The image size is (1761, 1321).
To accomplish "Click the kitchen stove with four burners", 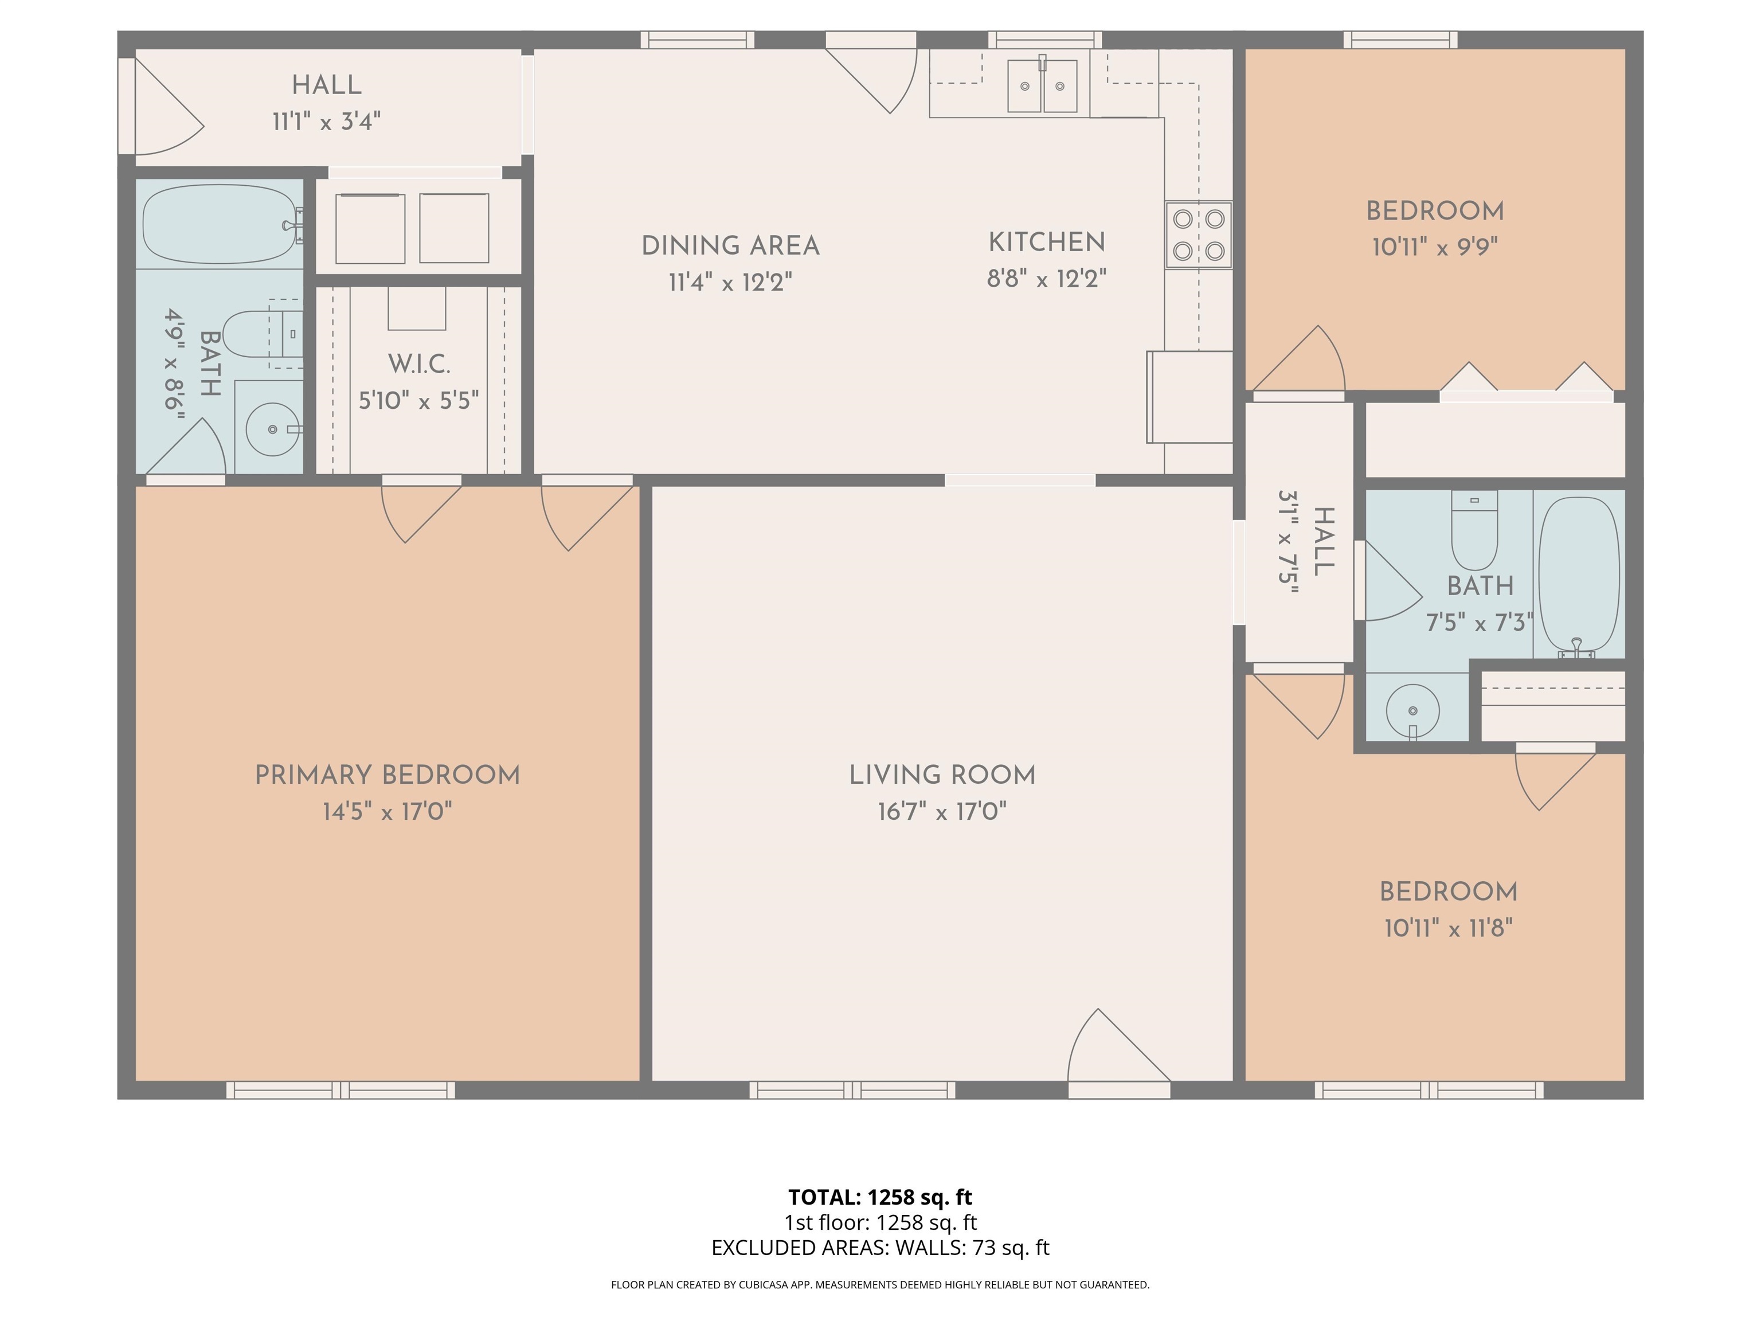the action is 1198,235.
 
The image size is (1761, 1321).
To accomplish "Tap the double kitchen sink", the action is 1042,86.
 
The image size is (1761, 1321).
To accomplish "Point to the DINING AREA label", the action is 730,246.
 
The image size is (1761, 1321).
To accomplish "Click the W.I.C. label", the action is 419,364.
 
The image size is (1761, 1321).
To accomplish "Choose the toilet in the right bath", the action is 1474,530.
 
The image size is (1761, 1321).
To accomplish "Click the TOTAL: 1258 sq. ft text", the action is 880,1197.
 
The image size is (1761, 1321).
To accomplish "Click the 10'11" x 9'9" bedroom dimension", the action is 1435,247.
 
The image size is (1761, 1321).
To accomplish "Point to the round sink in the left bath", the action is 272,429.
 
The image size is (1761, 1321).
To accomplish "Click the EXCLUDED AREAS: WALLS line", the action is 880,1248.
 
